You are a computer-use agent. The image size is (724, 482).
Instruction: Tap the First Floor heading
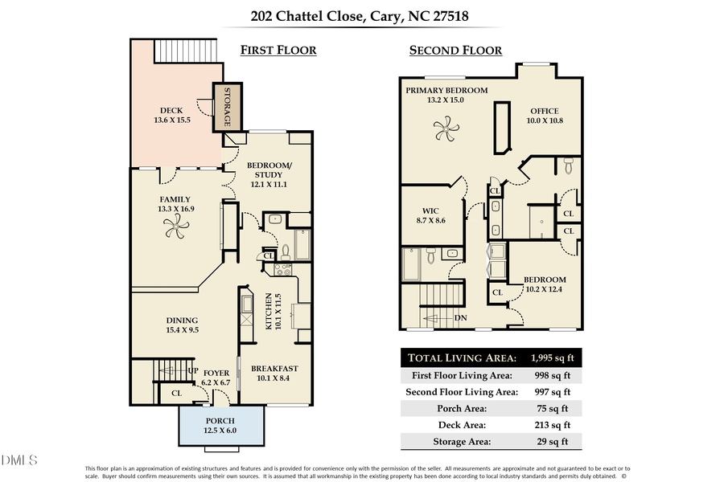[278, 50]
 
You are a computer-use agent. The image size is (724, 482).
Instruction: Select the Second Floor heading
[455, 50]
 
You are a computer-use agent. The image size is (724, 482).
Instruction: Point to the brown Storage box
[227, 108]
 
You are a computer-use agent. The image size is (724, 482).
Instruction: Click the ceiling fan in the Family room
[176, 229]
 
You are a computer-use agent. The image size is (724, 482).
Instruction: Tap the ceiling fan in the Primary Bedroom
[446, 125]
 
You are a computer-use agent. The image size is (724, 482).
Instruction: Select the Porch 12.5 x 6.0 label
[220, 426]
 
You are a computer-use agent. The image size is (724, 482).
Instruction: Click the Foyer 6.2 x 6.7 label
[216, 378]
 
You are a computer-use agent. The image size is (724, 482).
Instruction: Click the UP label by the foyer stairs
[193, 370]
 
